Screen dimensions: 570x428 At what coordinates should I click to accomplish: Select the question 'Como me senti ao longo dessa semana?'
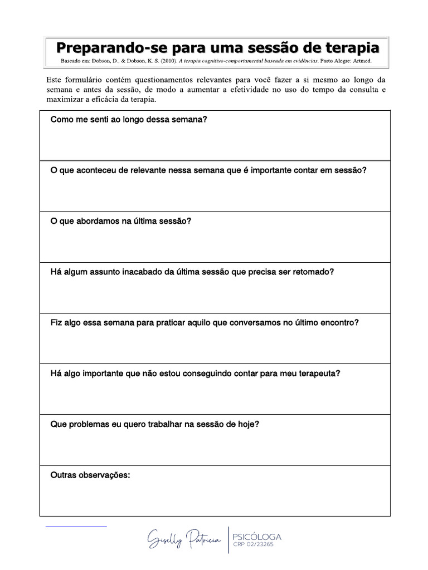pos(129,119)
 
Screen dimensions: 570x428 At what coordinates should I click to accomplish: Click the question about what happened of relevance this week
pos(208,170)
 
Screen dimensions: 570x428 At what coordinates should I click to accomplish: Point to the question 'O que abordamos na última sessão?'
pos(121,221)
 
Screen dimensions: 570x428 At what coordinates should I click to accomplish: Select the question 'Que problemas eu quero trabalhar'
pos(154,424)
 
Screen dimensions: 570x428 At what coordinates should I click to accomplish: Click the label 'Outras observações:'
pos(90,475)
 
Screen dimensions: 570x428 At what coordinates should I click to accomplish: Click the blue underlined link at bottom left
pos(76,525)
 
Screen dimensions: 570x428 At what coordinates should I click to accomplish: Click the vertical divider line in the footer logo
pos(229,539)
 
